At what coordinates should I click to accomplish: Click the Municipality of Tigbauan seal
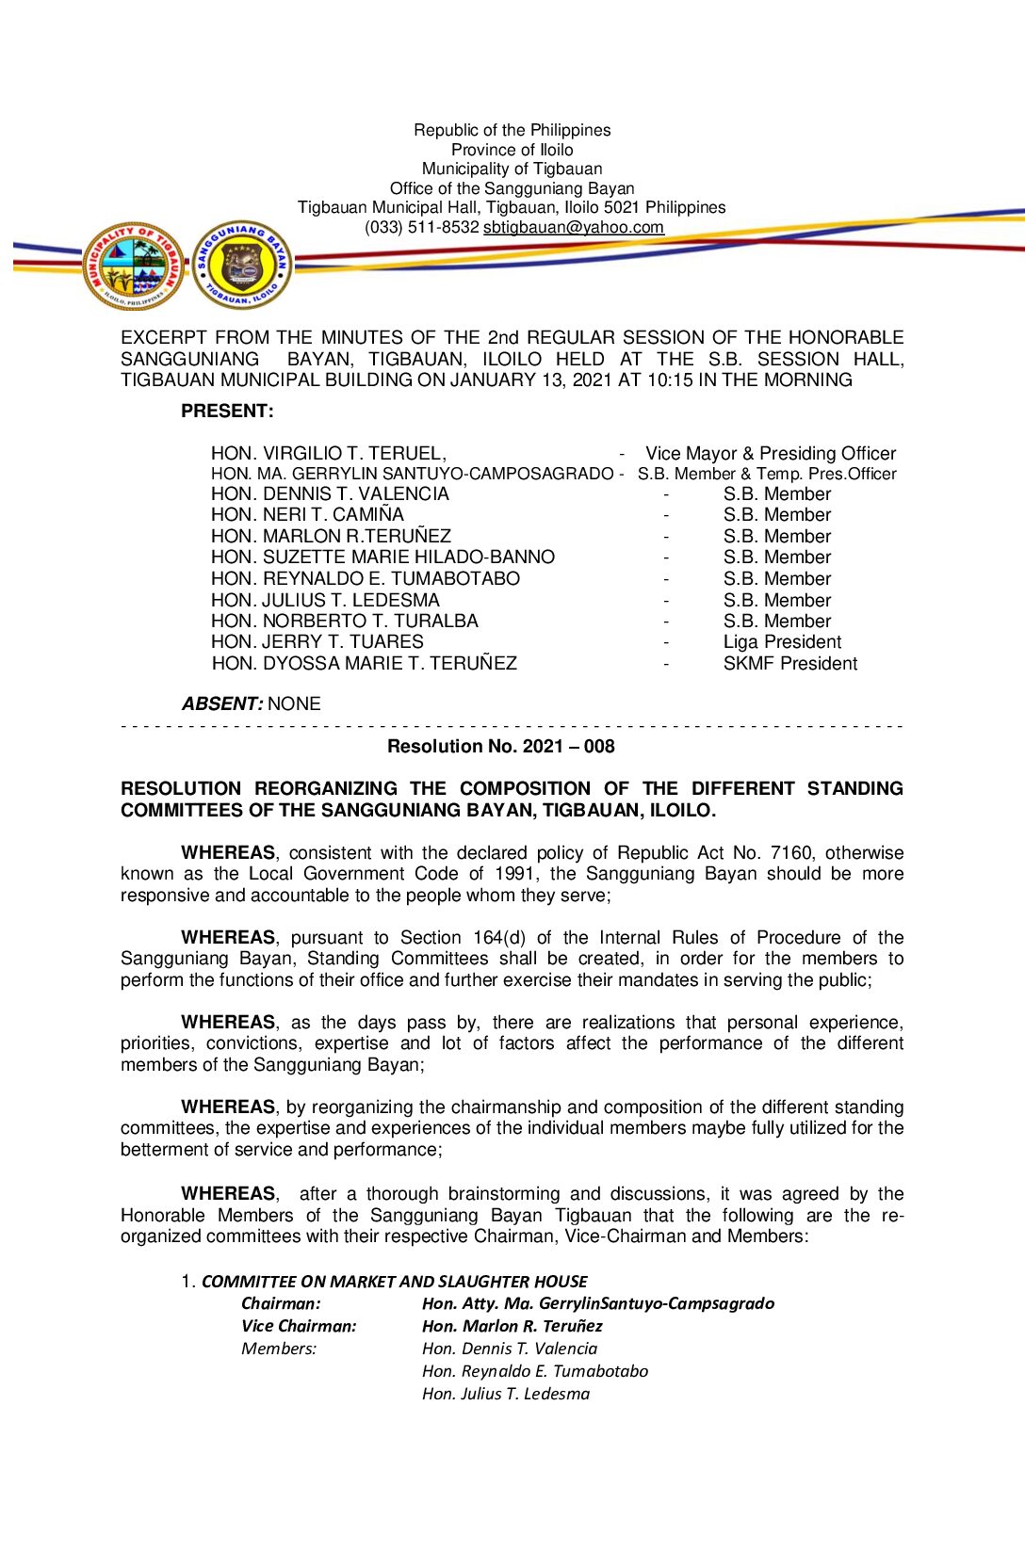[x=134, y=267]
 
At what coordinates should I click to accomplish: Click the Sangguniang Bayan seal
[x=242, y=265]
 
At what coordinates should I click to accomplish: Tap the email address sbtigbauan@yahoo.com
[x=573, y=227]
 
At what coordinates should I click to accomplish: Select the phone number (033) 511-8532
[x=421, y=227]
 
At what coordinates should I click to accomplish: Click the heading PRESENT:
[x=227, y=411]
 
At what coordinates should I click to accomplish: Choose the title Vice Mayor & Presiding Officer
[x=770, y=453]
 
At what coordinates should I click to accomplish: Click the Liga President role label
[x=782, y=642]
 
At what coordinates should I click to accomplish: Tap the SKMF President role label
[x=789, y=664]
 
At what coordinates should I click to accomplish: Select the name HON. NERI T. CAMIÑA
[x=307, y=515]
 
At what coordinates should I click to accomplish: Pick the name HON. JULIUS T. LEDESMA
[x=325, y=600]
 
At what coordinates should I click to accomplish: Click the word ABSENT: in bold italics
[x=221, y=703]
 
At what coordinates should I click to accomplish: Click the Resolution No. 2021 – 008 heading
[x=500, y=747]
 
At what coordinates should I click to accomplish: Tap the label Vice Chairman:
[x=299, y=1326]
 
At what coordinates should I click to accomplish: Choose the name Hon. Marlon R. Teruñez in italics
[x=512, y=1326]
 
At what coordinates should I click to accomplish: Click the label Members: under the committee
[x=279, y=1349]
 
